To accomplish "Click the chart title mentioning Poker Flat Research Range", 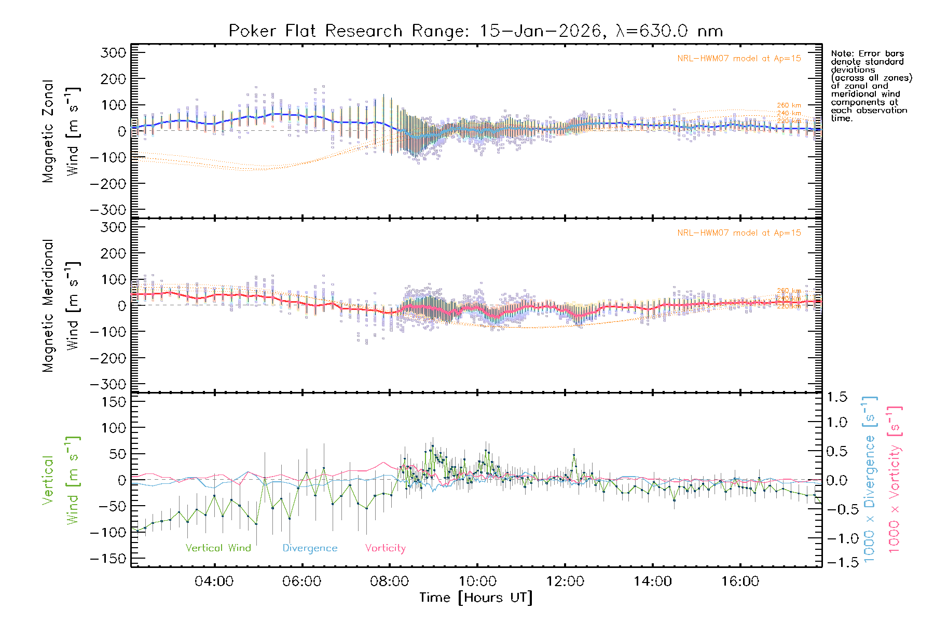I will click(x=476, y=31).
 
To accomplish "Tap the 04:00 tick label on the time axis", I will click(x=214, y=581).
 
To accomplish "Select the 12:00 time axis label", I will click(x=565, y=581).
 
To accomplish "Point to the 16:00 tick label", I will click(x=740, y=581).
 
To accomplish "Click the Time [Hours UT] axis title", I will click(x=476, y=598).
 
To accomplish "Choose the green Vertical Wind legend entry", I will click(x=218, y=548).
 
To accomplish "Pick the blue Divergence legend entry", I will click(x=310, y=548).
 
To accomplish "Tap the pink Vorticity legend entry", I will click(x=385, y=548).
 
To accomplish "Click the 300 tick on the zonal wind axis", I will click(x=113, y=52).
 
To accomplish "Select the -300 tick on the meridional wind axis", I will click(x=108, y=384).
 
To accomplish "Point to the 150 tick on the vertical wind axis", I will click(x=113, y=402).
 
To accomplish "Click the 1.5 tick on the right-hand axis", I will click(x=837, y=397).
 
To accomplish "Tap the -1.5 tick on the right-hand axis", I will click(x=837, y=562).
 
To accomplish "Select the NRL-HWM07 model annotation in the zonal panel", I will click(x=739, y=59).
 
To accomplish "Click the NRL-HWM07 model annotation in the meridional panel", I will click(x=739, y=233).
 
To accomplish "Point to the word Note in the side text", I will click(x=841, y=53).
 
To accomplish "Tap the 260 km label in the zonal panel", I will click(x=789, y=105).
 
